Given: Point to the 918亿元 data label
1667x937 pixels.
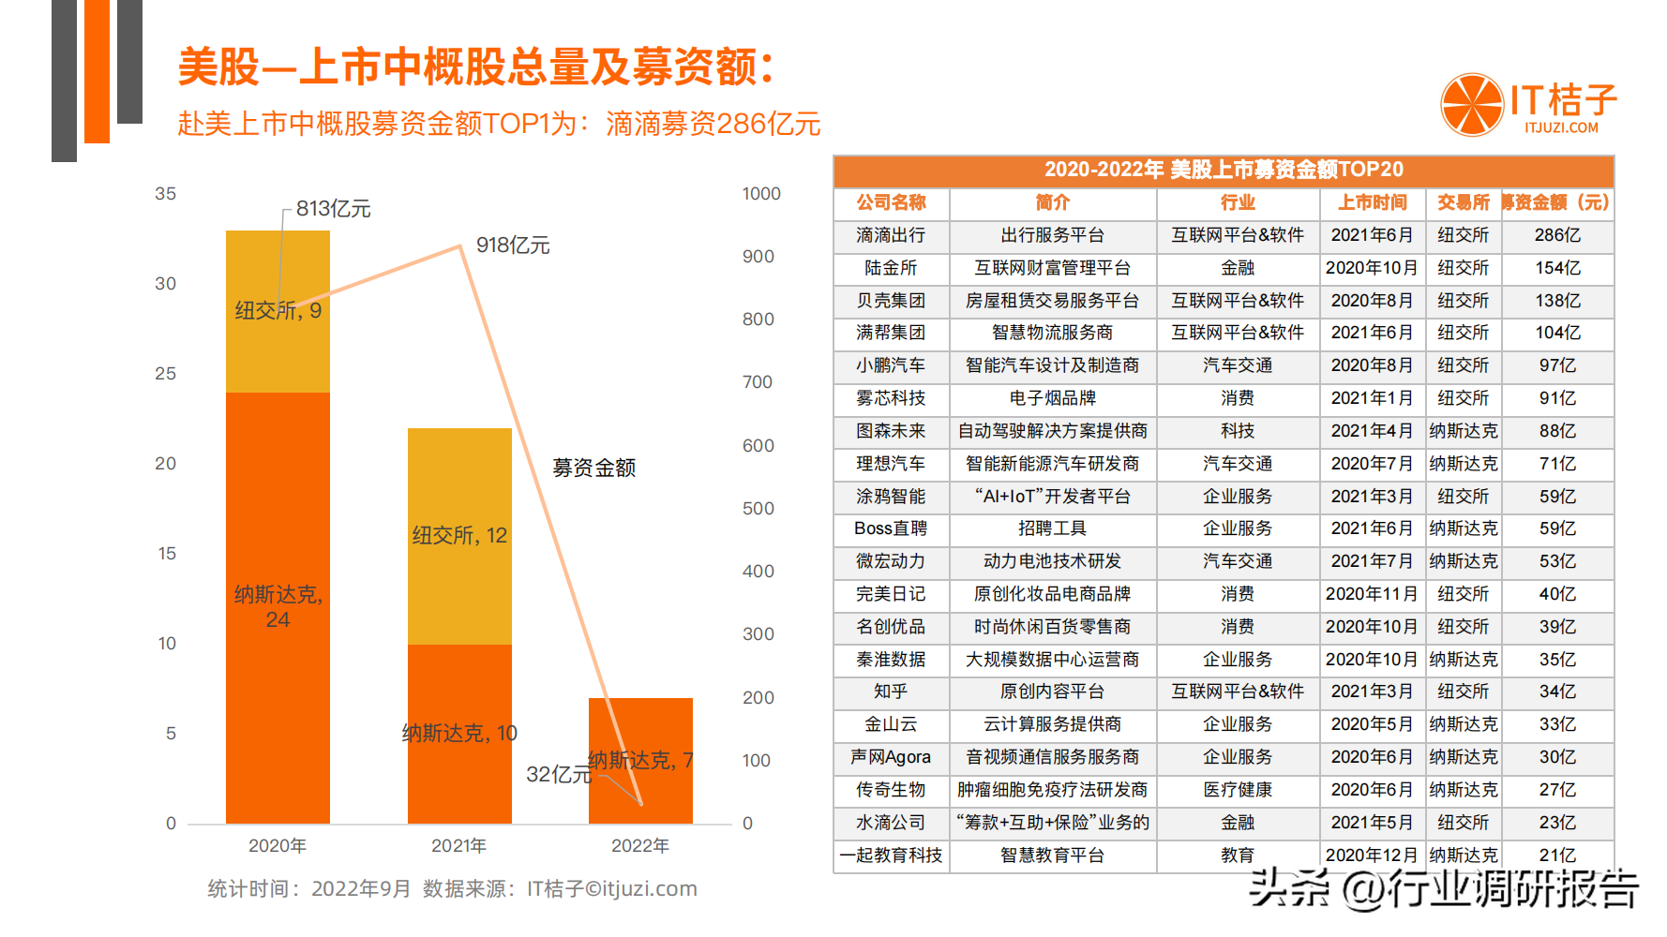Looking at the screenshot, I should tap(513, 245).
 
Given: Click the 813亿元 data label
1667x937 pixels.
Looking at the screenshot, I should tap(334, 209).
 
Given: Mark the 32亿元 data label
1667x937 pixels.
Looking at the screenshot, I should tap(559, 775).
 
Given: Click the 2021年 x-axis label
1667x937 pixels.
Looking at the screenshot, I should tap(458, 846).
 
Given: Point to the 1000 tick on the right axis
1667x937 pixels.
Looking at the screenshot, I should tap(761, 194).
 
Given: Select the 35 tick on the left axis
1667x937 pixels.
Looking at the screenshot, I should tap(165, 194).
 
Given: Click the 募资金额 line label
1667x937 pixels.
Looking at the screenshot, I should tap(594, 468).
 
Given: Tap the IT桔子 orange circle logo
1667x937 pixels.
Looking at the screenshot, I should tap(1472, 104).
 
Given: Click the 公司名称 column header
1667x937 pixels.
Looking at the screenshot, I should tap(891, 202).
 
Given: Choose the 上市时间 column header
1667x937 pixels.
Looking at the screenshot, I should tap(1372, 202).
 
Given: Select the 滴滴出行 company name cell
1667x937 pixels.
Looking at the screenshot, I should tap(891, 235).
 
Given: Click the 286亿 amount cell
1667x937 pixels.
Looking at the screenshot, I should tap(1557, 235).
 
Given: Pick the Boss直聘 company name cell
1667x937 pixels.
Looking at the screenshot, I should tap(891, 528).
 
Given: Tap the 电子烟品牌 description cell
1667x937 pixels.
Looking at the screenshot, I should tap(1052, 398).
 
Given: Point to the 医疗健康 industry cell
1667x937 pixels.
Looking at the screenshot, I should tap(1238, 790).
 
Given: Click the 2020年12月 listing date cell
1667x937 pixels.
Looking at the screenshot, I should tap(1372, 855).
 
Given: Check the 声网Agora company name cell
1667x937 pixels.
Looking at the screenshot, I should tap(891, 757).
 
